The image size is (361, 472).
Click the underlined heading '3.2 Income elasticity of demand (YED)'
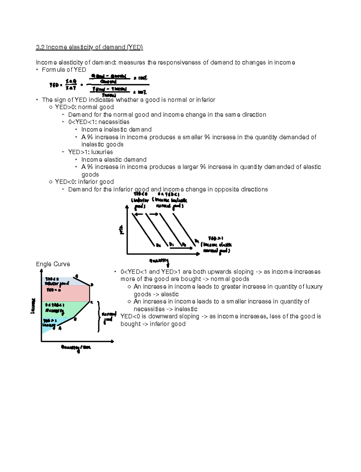pyautogui.click(x=89, y=47)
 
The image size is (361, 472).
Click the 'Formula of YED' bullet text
pyautogui.click(x=64, y=70)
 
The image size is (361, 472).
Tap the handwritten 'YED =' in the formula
pyautogui.click(x=56, y=85)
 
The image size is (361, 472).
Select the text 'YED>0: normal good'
pyautogui.click(x=84, y=107)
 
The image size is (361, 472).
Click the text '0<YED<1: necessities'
pyautogui.click(x=99, y=122)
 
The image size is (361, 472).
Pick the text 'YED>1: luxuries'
pyautogui.click(x=90, y=152)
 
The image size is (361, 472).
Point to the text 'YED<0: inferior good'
pyautogui.click(x=84, y=182)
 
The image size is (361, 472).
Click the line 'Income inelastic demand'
pyautogui.click(x=116, y=130)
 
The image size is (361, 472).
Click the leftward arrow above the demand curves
pyautogui.click(x=138, y=214)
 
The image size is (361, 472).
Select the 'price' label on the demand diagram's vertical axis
pyautogui.click(x=122, y=230)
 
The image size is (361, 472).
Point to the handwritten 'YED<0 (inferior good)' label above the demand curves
pyautogui.click(x=140, y=200)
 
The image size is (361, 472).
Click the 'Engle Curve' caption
pyautogui.click(x=53, y=264)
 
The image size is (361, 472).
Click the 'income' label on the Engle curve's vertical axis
pyautogui.click(x=33, y=306)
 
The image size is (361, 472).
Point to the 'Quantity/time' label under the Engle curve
pyautogui.click(x=76, y=348)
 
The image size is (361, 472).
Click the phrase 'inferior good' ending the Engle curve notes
pyautogui.click(x=168, y=324)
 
